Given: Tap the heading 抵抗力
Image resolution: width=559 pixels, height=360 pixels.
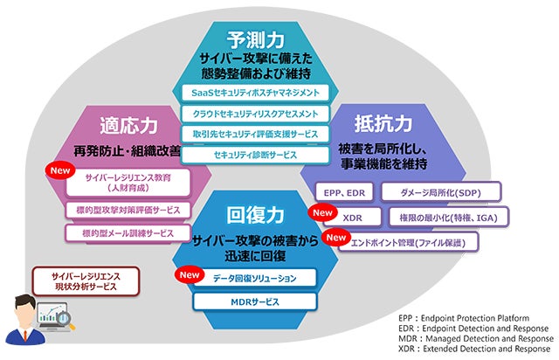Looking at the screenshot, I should [383, 122].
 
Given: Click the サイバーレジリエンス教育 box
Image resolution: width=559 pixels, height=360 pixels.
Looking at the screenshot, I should [128, 181].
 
